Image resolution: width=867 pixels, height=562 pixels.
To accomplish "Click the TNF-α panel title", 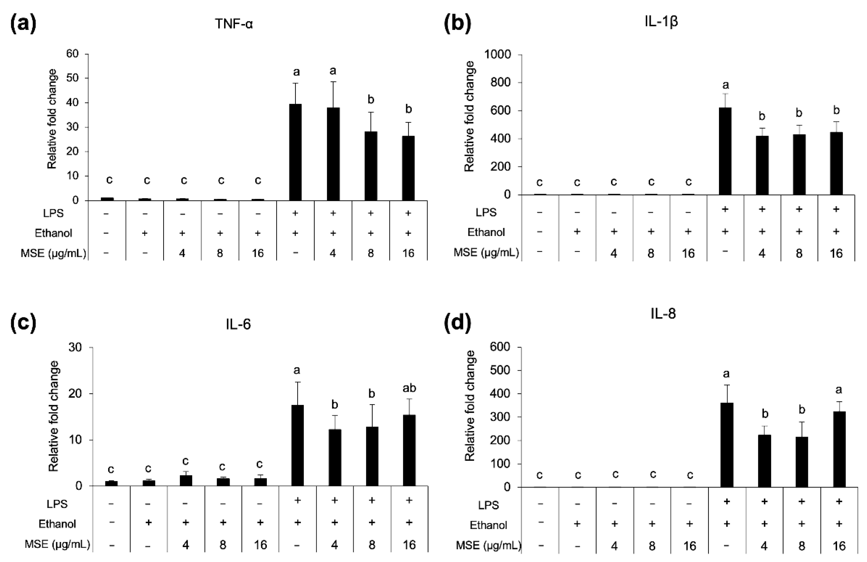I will (234, 24).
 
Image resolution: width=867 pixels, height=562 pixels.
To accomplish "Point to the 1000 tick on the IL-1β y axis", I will (498, 55).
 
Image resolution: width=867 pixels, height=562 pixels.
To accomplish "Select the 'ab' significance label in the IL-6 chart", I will (409, 388).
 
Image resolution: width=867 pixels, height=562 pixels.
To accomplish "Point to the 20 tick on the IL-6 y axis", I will (75, 394).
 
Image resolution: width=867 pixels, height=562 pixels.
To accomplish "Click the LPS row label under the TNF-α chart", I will (53, 213).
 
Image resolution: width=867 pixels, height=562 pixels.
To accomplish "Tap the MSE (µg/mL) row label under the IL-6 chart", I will (57, 544).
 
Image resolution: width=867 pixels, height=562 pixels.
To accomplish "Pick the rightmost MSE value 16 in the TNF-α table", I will (408, 253).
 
